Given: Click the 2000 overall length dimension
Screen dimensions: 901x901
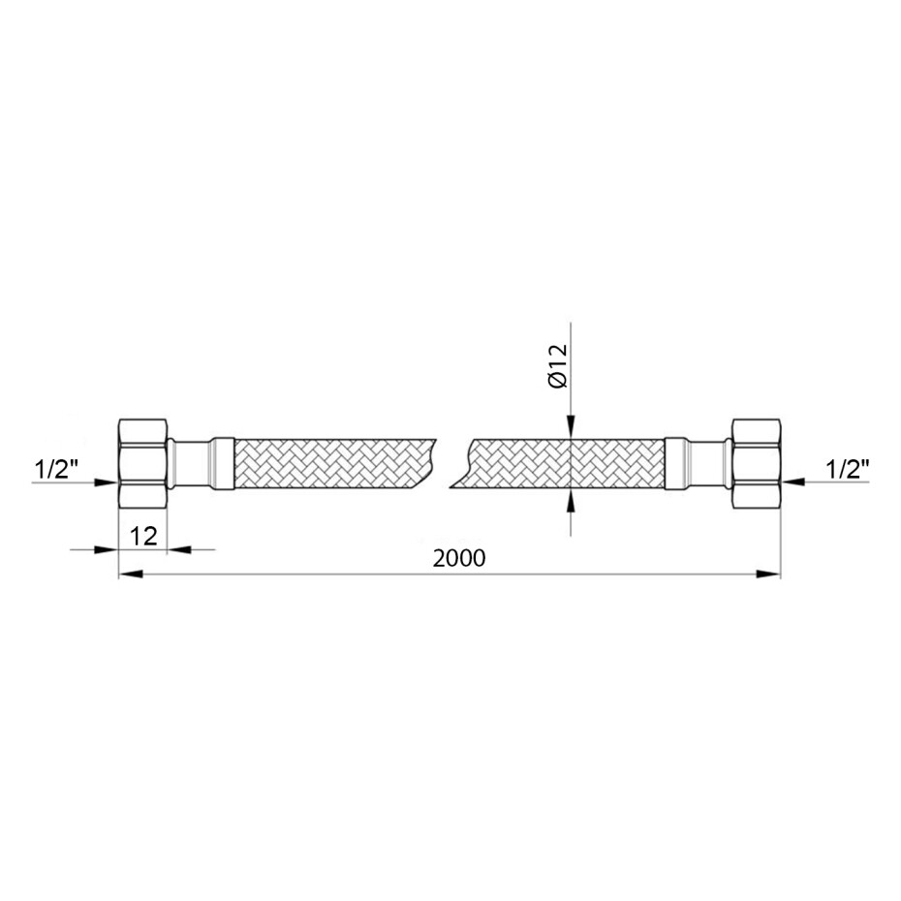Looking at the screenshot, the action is pos(459,558).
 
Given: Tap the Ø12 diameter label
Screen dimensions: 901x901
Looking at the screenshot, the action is pos(558,366).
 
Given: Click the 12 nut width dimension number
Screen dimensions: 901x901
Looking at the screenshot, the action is pos(143,536).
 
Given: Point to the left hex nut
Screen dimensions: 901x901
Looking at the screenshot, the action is pos(143,463).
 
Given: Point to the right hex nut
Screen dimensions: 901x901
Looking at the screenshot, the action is pos(757,463).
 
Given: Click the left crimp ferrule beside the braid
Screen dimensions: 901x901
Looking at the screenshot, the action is pos(223,464).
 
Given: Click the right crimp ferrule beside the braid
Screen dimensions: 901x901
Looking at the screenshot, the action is pos(676,464).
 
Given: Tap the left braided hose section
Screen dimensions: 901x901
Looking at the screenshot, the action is pos(336,464).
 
